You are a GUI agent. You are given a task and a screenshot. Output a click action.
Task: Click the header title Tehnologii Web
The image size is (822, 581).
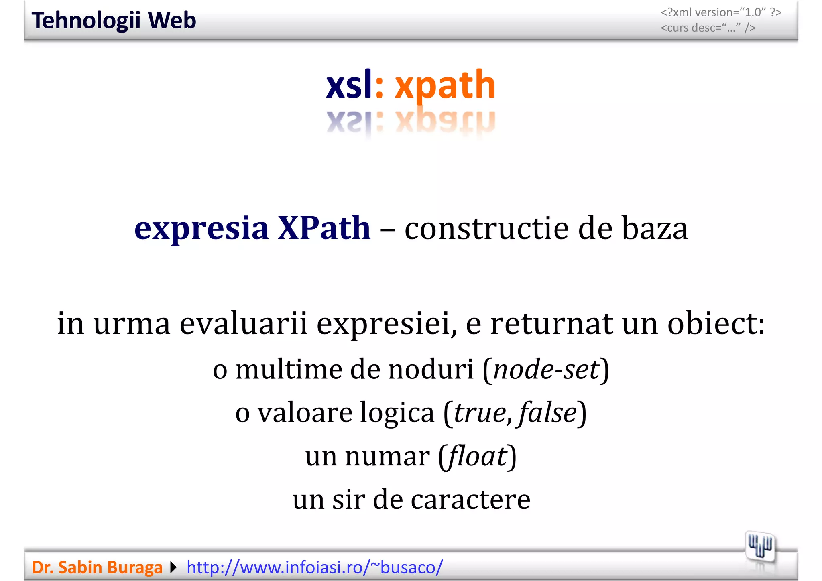coord(114,20)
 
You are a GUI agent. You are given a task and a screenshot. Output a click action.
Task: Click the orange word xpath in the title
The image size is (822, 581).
coord(445,85)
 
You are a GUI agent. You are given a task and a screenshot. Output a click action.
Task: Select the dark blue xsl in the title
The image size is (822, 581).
coord(349,85)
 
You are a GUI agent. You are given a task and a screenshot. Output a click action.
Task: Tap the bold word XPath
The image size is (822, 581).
coord(324,228)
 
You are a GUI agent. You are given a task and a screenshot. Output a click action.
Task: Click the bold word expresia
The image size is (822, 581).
coord(201,229)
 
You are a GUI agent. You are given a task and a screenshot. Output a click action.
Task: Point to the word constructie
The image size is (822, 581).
coord(487,229)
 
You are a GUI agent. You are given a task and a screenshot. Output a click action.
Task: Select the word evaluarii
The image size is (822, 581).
coord(243,323)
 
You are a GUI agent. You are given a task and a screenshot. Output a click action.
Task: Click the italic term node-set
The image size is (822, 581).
coord(546,369)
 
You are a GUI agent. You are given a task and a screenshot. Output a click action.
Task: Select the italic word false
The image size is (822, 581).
coord(547,412)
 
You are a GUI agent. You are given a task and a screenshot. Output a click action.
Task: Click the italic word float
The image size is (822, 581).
coord(478,456)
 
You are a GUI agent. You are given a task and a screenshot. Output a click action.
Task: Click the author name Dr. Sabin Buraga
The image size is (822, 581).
coord(97,567)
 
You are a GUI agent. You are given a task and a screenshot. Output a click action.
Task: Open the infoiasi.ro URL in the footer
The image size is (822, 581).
coord(315,567)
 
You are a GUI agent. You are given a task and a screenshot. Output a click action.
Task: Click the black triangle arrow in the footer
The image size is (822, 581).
coord(173,567)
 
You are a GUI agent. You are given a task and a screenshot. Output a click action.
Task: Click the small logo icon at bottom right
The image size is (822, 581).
coord(760,546)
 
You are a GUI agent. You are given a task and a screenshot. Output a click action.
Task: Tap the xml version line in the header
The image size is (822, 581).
coord(721,12)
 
